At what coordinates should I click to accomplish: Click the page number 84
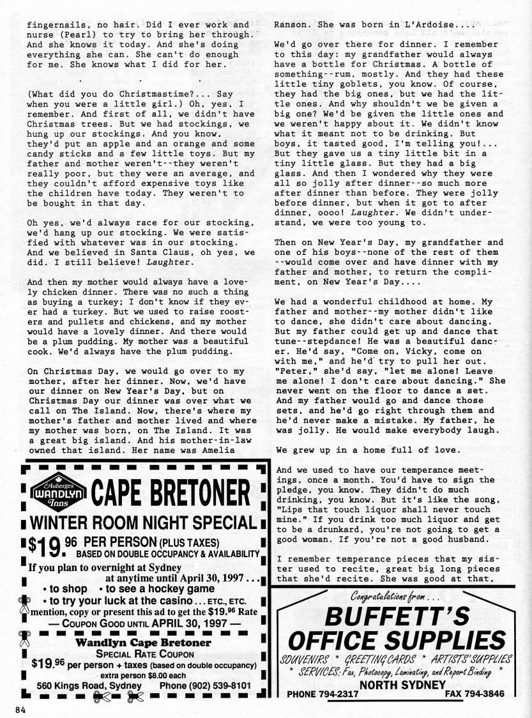click(x=18, y=709)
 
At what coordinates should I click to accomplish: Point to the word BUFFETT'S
click(x=398, y=616)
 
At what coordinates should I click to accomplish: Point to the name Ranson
click(x=290, y=26)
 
